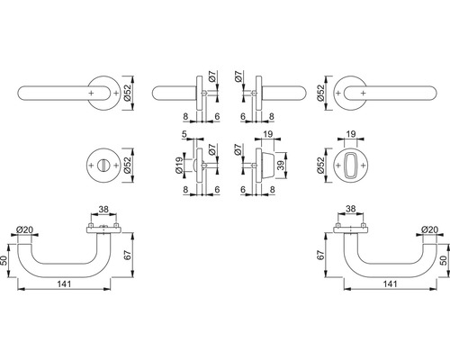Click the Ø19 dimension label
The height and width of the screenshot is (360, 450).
(179, 165)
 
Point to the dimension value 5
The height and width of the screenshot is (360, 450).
(184, 134)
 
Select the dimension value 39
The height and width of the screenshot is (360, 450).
(281, 166)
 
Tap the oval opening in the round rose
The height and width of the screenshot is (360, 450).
(350, 165)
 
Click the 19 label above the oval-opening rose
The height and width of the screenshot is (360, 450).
(351, 134)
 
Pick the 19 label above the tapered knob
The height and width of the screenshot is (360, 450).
(268, 134)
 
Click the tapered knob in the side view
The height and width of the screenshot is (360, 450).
(267, 166)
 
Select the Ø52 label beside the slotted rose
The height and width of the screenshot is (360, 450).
(127, 166)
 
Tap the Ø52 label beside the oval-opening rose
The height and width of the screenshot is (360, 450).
(320, 166)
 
